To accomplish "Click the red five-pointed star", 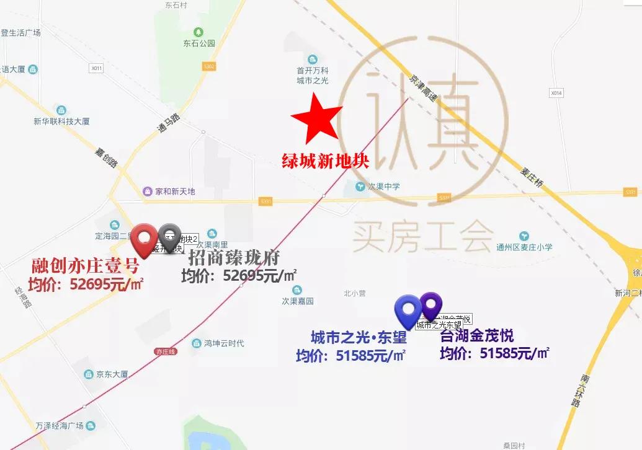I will coord(316,118).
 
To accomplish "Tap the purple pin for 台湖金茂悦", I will coord(431,306).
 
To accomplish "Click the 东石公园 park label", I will coord(198,43).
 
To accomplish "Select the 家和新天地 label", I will coord(174,192).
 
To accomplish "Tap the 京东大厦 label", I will coord(111,374).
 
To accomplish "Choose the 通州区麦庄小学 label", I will coord(524,247).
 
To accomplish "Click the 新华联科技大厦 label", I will coord(61,121).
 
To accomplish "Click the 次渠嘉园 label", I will coord(298,301).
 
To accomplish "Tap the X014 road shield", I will coord(556,93).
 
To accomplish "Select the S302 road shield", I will coord(209,66).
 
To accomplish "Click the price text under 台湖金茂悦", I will coord(494,353).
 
